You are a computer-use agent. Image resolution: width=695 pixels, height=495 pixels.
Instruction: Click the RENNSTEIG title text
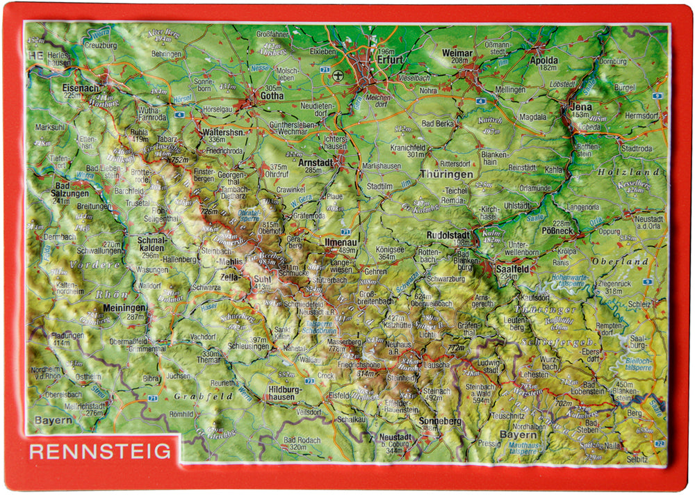100,451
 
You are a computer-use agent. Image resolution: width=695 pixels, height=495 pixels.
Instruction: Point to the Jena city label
580,106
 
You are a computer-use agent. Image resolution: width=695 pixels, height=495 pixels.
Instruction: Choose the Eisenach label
81,88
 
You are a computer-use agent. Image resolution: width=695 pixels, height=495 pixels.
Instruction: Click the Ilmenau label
341,241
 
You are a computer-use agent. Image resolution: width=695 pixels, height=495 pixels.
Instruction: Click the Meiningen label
124,307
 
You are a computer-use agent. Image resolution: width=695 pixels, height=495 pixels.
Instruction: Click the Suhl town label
263,279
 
